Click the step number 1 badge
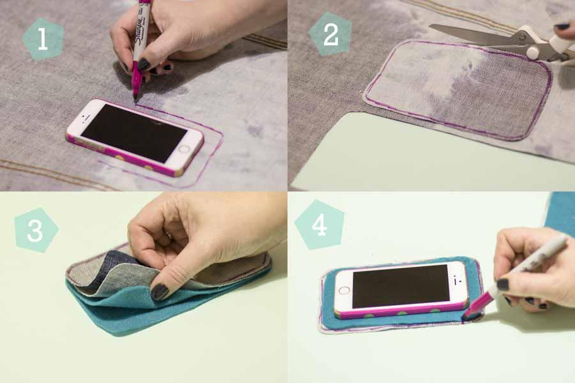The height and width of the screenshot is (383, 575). (x=43, y=39)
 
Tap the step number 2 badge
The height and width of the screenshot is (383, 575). (x=330, y=34)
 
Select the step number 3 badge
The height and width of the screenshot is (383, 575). (x=36, y=230)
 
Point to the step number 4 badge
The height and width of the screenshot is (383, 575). (x=319, y=225)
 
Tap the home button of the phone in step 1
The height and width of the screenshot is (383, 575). (x=183, y=149)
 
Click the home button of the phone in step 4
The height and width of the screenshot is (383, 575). (x=344, y=290)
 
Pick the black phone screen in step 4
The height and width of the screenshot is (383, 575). (x=401, y=286)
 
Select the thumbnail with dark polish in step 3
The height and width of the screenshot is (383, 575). (x=160, y=292)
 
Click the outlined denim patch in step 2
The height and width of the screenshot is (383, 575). (x=458, y=89)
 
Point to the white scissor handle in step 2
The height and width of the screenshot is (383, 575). (x=539, y=40)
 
